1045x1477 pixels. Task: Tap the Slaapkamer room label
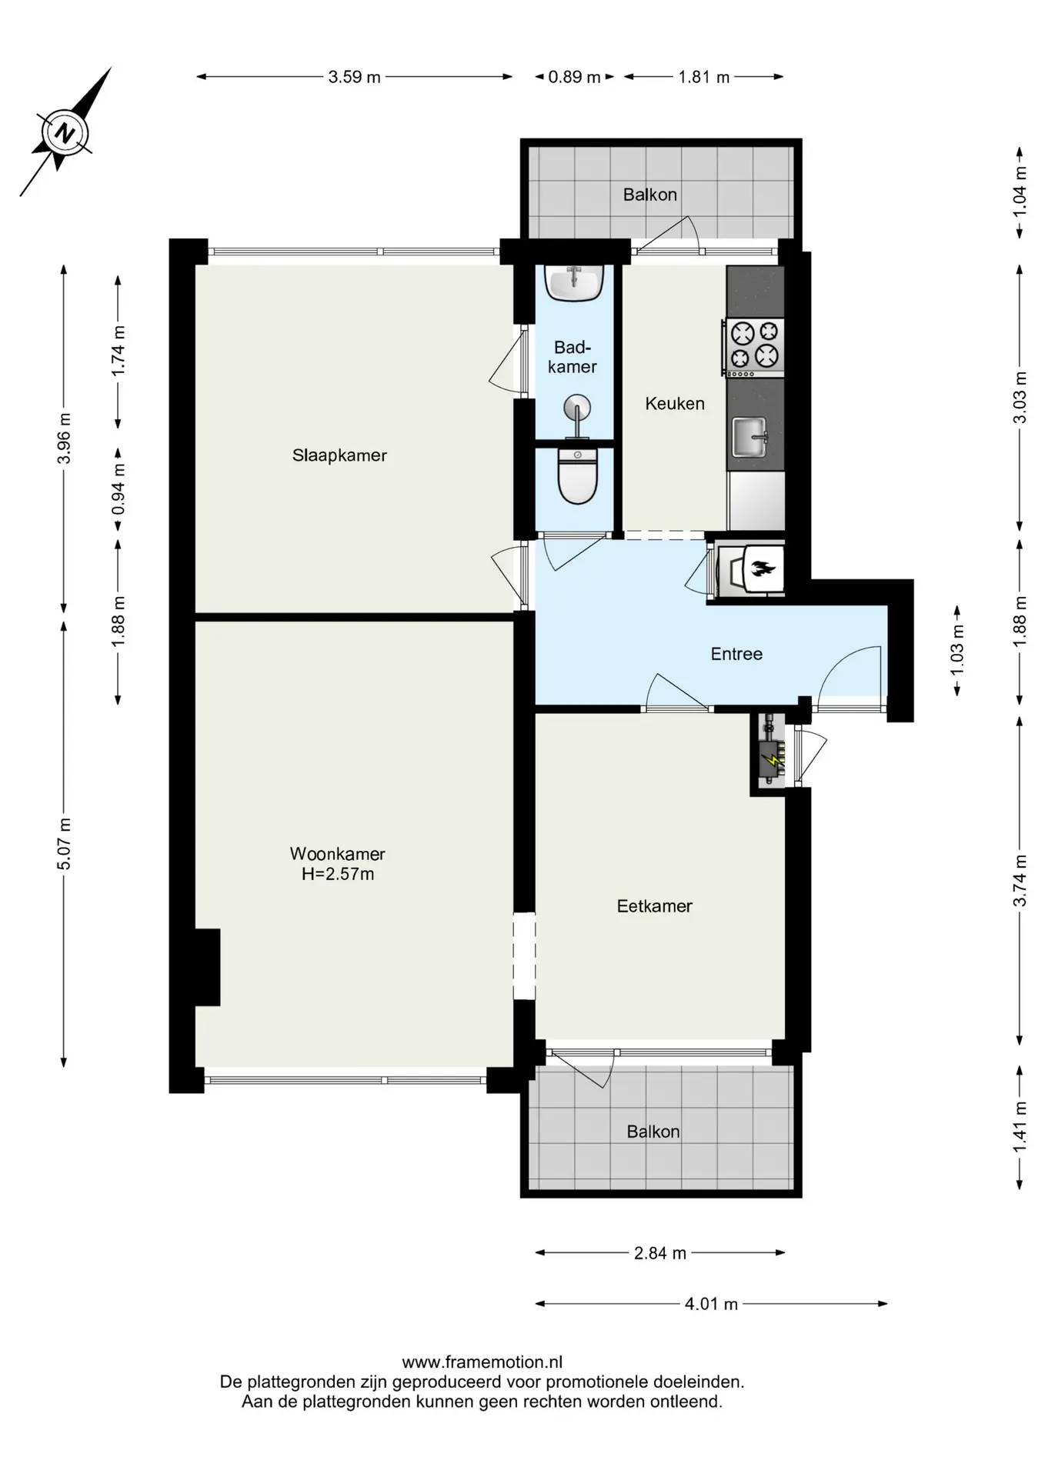339,455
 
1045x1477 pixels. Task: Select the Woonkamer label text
337,853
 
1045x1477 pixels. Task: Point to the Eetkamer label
655,906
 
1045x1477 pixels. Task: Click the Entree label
736,654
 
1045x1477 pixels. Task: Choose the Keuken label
675,404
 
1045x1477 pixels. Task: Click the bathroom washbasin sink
573,282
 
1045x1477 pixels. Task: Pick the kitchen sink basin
750,437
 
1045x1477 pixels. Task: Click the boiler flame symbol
763,570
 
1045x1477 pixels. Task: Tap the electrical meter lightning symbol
770,762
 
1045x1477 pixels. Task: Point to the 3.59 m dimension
355,77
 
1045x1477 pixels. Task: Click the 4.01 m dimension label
711,1304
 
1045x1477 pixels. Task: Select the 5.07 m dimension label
64,844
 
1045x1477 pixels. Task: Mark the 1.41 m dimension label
1020,1127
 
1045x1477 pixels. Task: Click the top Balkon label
650,195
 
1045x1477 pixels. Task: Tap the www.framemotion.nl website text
482,1362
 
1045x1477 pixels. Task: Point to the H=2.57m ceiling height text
338,874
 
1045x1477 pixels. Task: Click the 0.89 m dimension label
574,77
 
